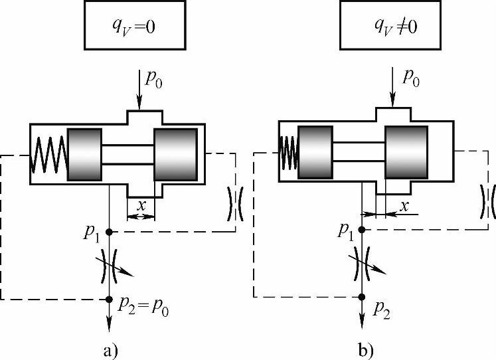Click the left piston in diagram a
coord(84,153)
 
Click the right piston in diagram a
coord(175,153)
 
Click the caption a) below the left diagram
coord(110,347)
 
